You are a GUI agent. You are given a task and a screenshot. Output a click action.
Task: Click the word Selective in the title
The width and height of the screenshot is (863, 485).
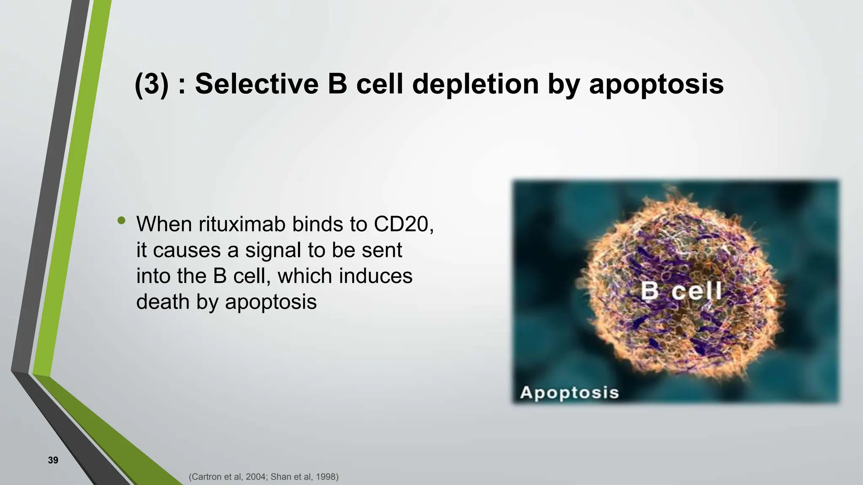pyautogui.click(x=257, y=84)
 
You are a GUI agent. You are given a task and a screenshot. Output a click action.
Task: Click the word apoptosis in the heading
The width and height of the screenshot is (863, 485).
pyautogui.click(x=656, y=84)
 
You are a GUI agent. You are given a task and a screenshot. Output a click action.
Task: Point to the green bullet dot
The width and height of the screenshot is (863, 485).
pyautogui.click(x=122, y=220)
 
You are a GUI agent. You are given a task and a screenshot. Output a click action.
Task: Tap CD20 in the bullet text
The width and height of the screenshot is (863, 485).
pyautogui.click(x=403, y=224)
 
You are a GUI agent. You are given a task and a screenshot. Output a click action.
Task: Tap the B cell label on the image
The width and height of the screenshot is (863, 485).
pyautogui.click(x=681, y=291)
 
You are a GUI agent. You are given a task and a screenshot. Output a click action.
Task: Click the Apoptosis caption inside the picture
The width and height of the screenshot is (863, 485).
pyautogui.click(x=569, y=392)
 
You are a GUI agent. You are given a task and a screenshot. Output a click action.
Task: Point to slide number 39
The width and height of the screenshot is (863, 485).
pyautogui.click(x=53, y=460)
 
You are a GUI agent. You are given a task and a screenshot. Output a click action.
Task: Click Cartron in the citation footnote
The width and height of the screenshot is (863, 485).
pyautogui.click(x=206, y=477)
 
